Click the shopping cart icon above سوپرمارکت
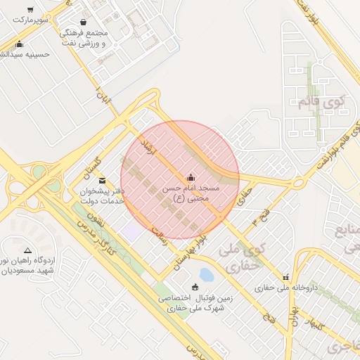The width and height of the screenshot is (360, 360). (x=30, y=10)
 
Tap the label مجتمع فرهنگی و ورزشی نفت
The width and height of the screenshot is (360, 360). (x=84, y=39)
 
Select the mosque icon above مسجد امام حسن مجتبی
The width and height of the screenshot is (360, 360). (x=191, y=176)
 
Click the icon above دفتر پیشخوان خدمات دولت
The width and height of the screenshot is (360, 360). (x=103, y=180)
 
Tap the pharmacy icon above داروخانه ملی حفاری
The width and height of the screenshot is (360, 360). (x=285, y=277)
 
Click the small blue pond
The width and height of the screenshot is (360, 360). (x=206, y=274)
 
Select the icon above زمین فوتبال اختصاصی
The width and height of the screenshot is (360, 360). (x=195, y=287)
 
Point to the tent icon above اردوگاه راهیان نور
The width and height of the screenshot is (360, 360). (x=27, y=250)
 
